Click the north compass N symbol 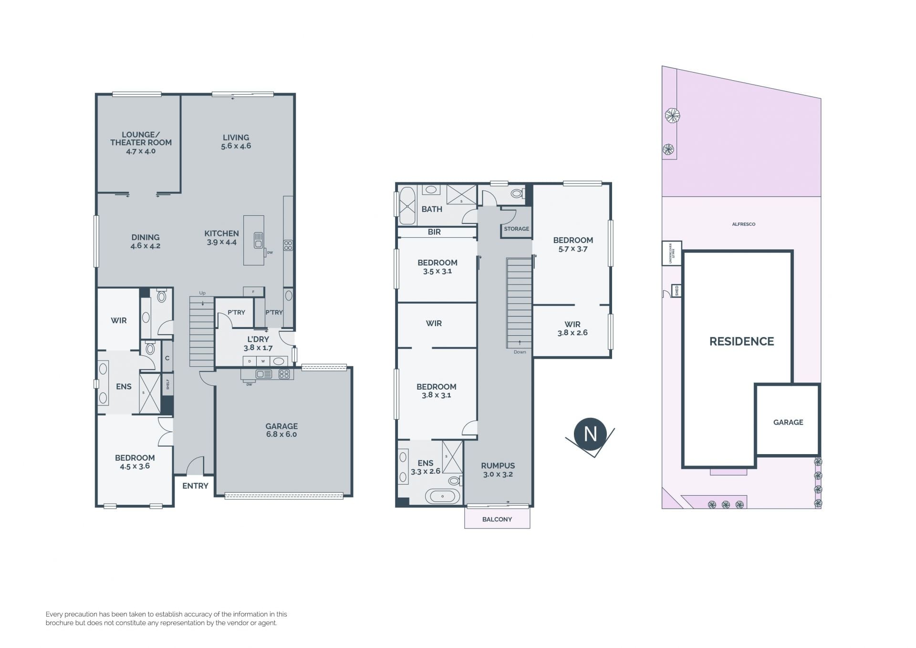591,435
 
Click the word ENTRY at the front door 195,486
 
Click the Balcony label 497,519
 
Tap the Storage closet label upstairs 517,229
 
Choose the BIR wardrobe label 434,232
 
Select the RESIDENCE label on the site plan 741,341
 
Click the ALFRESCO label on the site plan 744,224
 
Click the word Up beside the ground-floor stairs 202,293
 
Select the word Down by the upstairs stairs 520,352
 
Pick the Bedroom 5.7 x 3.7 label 573,244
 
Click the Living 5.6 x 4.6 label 236,142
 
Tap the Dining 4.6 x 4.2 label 146,242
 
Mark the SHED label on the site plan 677,290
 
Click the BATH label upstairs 432,209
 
